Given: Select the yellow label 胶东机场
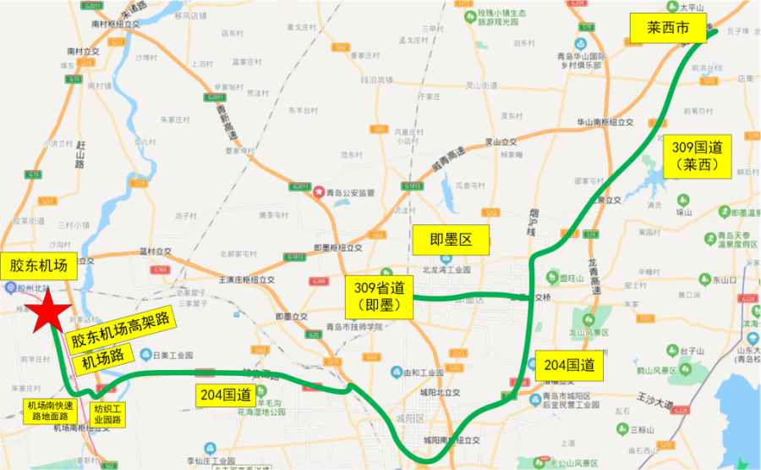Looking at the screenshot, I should pyautogui.click(x=38, y=265).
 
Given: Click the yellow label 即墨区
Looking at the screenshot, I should pyautogui.click(x=451, y=239).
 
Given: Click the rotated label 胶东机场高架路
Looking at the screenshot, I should pyautogui.click(x=122, y=328).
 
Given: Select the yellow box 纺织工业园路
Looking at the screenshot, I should pyautogui.click(x=108, y=412).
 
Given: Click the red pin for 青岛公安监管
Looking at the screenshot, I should pyautogui.click(x=319, y=192).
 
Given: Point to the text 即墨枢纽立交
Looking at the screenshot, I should pyautogui.click(x=337, y=248).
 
